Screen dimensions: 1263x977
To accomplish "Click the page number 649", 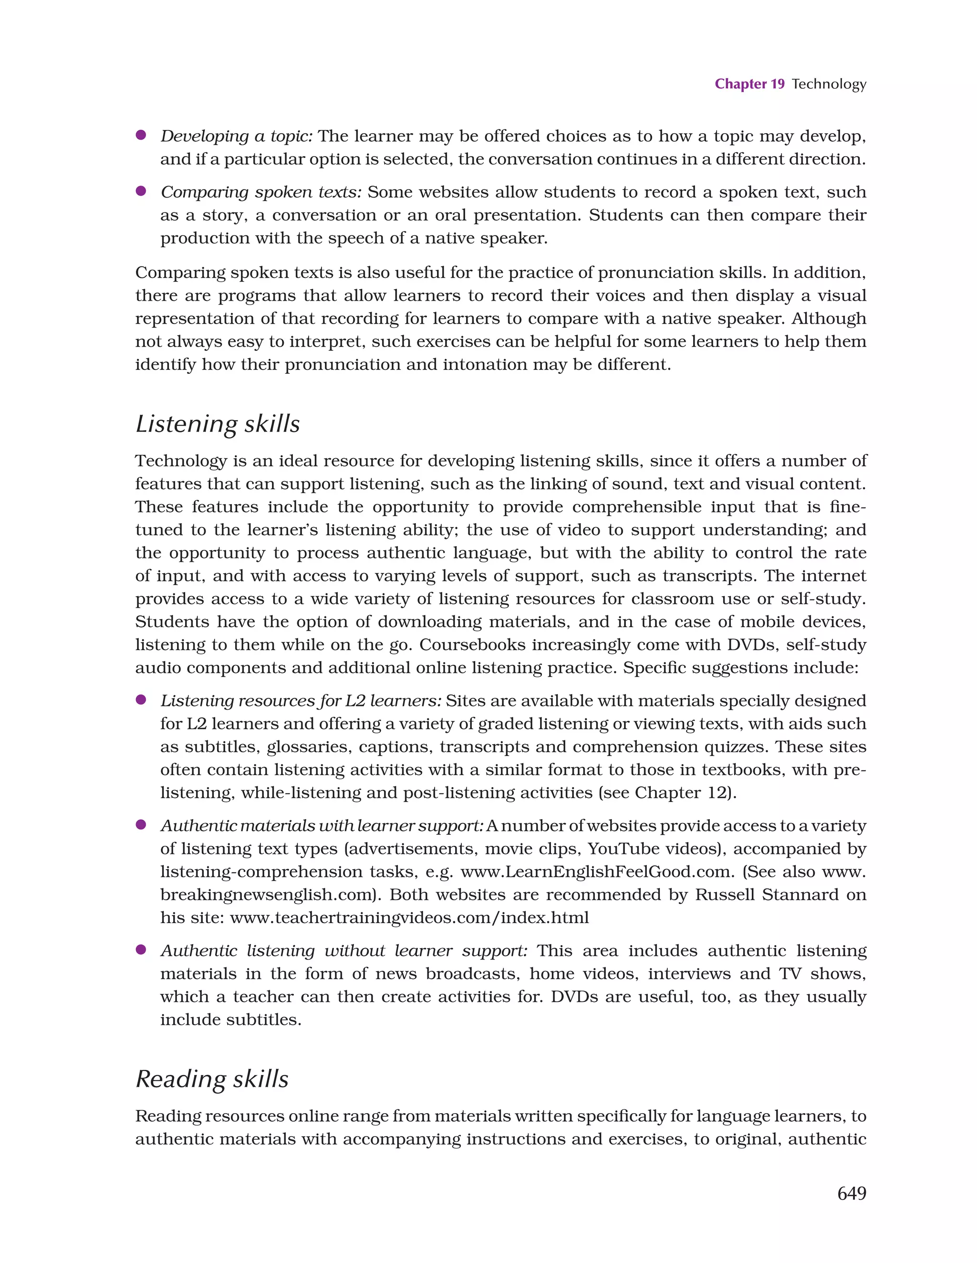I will click(x=851, y=1193).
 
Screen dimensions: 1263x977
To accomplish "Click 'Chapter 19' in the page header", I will click(x=749, y=84).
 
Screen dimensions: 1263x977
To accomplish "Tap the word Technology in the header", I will click(x=829, y=84).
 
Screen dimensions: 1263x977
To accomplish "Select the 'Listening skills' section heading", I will click(x=218, y=424).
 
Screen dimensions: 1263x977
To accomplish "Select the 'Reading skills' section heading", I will click(x=212, y=1079).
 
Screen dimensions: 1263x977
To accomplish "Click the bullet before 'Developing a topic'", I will click(x=140, y=135).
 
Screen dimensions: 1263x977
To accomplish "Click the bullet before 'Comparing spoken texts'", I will click(x=140, y=191).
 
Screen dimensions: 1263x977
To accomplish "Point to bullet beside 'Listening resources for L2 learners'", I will click(x=140, y=700).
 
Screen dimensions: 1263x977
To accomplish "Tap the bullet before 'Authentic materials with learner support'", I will click(x=140, y=825).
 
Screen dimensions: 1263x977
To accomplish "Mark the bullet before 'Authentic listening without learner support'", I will click(x=140, y=949).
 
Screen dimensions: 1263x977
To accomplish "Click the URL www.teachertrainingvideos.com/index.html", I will click(x=409, y=918).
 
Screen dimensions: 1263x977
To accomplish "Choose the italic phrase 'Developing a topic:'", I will click(x=237, y=136).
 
